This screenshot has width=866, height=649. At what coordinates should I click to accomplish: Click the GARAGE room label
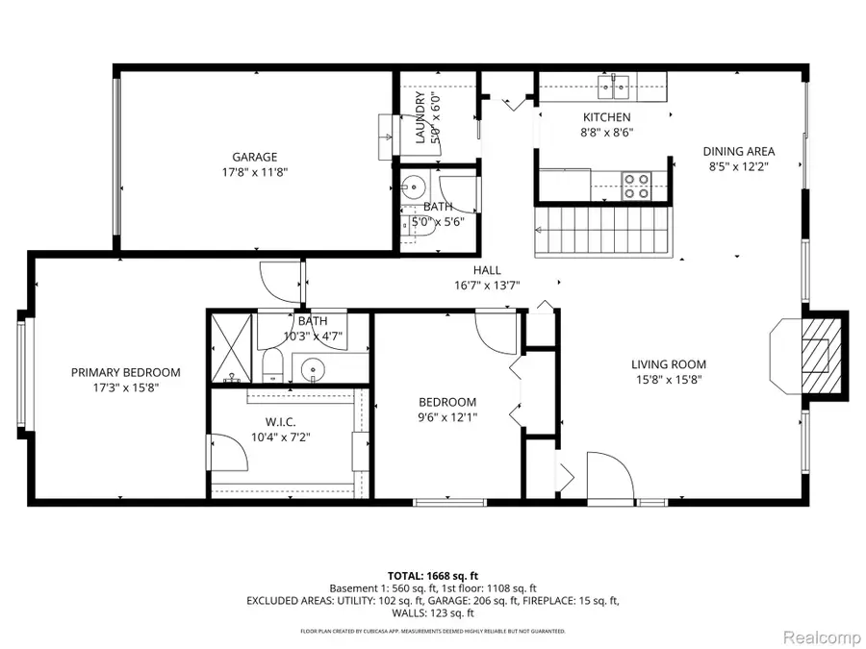coord(254,157)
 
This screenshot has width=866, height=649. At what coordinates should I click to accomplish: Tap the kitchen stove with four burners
coord(636,185)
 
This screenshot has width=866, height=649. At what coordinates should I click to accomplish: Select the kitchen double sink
coord(613,89)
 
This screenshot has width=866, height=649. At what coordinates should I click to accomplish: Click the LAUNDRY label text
coord(420,118)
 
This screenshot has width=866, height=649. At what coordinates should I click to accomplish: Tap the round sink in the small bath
coord(414,186)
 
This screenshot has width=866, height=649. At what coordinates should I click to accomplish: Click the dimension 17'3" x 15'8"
coord(125,388)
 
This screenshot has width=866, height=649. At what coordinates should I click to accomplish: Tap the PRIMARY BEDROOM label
coord(125,373)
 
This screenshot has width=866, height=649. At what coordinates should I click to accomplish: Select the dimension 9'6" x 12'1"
coord(446,417)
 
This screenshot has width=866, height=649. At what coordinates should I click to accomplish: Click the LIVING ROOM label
coord(669,364)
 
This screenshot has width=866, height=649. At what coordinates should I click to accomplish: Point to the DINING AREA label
coord(738,151)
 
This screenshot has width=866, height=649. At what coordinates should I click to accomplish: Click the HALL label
coord(486,270)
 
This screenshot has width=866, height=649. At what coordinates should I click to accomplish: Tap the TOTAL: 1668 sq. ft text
coord(433,574)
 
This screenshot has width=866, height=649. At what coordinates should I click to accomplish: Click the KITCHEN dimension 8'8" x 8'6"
coord(605,134)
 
